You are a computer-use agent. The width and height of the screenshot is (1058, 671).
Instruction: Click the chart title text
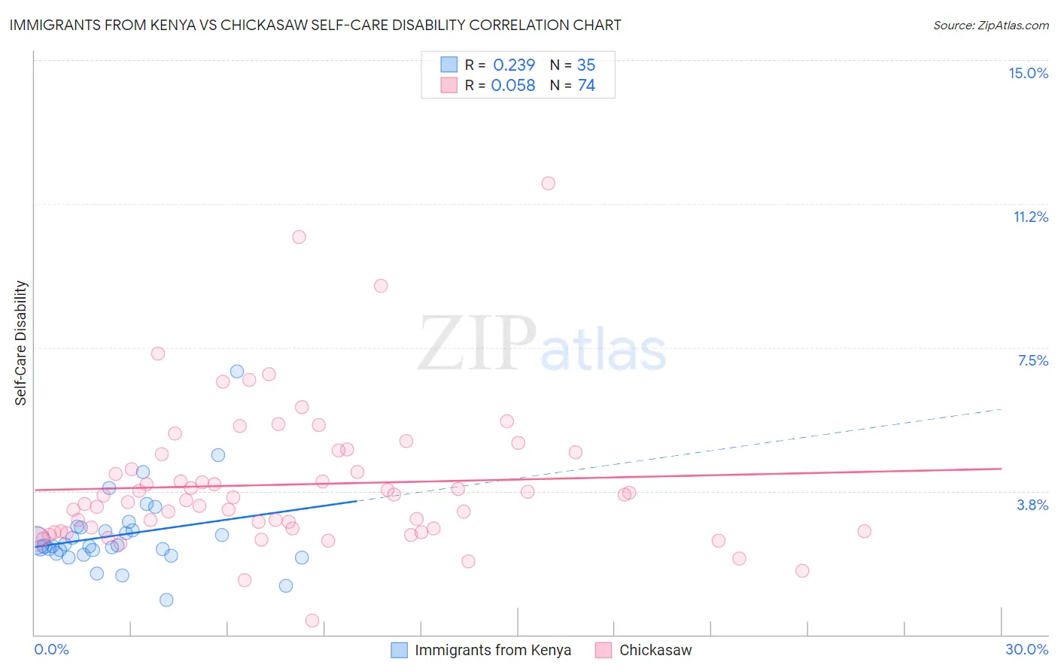[x=315, y=25]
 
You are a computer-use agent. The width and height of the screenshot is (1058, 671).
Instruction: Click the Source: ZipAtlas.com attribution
[x=990, y=25]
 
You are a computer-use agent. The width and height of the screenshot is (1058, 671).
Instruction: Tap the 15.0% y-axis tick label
[x=1028, y=73]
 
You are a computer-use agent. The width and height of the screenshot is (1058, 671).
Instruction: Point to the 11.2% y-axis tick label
[x=1030, y=217]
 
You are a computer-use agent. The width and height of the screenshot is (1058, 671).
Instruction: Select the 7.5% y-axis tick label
[x=1032, y=360]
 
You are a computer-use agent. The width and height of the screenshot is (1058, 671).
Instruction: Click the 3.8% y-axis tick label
[x=1032, y=505]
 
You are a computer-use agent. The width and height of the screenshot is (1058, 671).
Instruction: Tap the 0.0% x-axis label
[x=51, y=649]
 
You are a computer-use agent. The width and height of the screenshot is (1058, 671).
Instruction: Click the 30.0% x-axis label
[x=1026, y=649]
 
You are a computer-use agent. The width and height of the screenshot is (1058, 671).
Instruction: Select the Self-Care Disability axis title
[x=21, y=343]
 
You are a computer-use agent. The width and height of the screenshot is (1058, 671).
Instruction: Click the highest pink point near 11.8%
[x=548, y=184]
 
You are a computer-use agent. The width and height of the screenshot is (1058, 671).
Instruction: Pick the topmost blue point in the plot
[x=237, y=372]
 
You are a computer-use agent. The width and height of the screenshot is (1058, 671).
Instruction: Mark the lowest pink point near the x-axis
[x=312, y=621]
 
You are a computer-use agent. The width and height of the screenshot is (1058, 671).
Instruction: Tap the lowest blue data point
[x=166, y=600]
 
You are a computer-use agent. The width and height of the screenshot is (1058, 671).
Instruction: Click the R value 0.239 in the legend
[x=514, y=65]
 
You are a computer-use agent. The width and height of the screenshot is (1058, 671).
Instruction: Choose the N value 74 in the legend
[x=586, y=86]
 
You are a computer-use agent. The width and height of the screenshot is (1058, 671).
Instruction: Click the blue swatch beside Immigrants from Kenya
[x=400, y=650]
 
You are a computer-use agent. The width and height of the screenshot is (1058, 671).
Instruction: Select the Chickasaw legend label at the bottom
[x=655, y=650]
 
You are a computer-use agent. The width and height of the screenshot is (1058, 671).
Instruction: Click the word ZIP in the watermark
[x=476, y=344]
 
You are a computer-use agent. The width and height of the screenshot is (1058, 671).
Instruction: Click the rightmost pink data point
[x=864, y=531]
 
